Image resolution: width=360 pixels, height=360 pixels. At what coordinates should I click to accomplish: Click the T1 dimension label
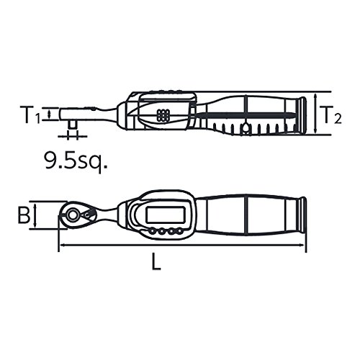(x=30, y=114)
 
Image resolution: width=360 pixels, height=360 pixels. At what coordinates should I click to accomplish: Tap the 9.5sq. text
(x=76, y=161)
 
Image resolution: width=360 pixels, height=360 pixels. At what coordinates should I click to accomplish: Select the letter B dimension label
(x=24, y=215)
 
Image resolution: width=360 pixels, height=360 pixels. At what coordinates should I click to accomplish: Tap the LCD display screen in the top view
(x=166, y=215)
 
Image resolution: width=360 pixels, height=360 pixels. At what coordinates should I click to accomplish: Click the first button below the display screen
(x=152, y=231)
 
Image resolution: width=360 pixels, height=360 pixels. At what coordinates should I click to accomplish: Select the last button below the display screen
(x=179, y=231)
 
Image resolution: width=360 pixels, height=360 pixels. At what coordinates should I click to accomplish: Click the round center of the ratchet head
(x=72, y=215)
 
